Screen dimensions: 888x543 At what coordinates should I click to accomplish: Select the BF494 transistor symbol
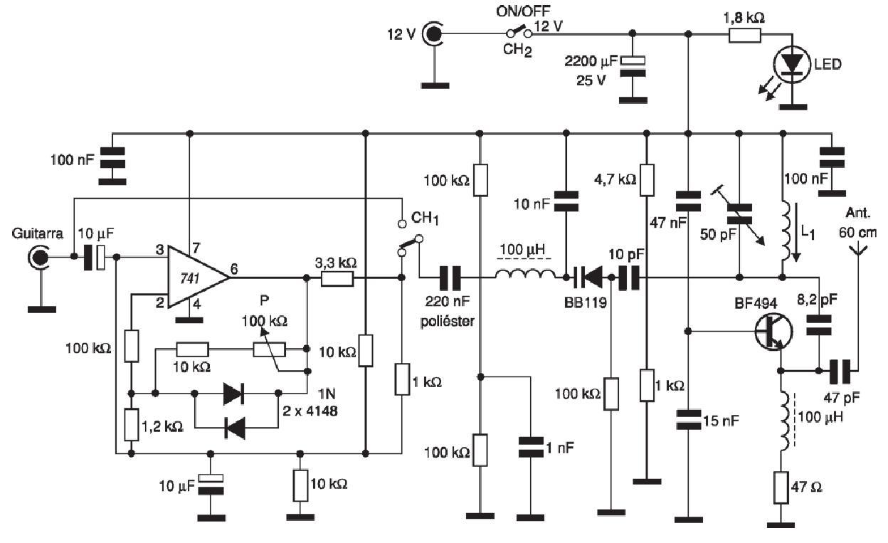click(x=773, y=332)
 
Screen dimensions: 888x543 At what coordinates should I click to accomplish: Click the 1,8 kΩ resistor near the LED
click(x=745, y=35)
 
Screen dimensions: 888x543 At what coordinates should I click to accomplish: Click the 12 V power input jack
click(x=433, y=34)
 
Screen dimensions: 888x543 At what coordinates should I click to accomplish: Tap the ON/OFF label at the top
click(x=523, y=11)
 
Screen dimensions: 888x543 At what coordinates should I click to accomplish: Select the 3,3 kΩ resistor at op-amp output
click(x=337, y=278)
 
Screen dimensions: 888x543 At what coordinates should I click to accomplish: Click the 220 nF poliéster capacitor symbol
click(x=450, y=278)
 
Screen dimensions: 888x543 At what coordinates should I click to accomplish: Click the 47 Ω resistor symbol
click(x=781, y=488)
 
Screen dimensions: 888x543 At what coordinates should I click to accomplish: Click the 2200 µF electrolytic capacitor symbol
click(x=633, y=66)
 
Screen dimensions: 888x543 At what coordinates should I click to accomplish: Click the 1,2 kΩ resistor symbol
click(x=132, y=424)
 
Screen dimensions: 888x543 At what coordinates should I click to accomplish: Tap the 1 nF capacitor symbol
click(x=531, y=447)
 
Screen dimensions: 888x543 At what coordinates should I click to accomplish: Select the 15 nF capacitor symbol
click(x=689, y=420)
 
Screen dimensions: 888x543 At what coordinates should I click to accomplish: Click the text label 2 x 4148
click(x=310, y=411)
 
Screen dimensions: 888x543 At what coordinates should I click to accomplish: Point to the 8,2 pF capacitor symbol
click(x=818, y=325)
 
